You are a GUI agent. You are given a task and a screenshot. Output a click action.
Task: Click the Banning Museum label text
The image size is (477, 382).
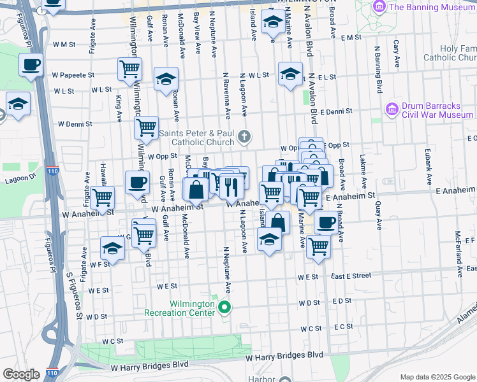coord(432,8)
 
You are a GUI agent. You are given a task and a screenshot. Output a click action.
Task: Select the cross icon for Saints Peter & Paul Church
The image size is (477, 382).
coord(244,136)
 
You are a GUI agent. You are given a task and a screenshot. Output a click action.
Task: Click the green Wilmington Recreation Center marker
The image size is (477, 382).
coord(224,308)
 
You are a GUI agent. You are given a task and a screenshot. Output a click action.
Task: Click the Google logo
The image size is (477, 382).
coord(22,374)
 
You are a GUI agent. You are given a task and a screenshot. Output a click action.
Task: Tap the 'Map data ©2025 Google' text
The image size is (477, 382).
coord(437,376)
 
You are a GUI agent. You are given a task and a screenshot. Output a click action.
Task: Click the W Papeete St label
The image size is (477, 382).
coord(73,74)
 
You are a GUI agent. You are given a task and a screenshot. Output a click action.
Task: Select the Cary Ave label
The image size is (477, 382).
coord(397,53)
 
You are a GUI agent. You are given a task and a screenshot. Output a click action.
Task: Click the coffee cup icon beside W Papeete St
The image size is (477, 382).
coord(31,64)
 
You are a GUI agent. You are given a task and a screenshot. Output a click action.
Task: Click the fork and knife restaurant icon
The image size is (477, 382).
coord(230,187)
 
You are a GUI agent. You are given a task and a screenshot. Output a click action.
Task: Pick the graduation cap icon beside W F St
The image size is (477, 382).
coord(112,248)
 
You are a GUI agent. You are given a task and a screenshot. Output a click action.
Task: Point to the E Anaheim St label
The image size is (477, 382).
coord(455,190)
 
